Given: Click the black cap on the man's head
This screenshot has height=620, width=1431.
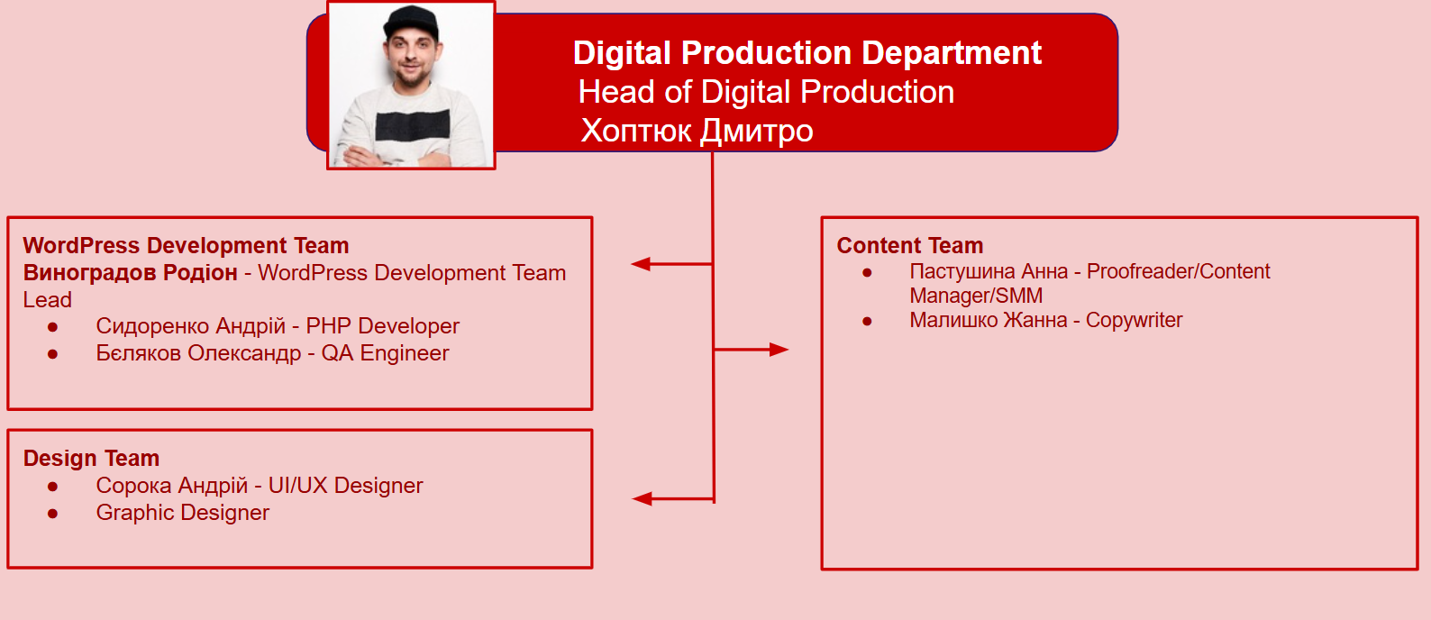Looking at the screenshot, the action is (x=412, y=23).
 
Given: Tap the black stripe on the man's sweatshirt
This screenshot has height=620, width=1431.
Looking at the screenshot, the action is (x=413, y=125).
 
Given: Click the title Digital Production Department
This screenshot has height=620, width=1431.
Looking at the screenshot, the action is (x=807, y=53).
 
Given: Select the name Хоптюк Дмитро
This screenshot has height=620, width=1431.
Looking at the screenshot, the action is (x=697, y=131).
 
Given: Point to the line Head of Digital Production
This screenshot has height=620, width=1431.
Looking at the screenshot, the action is (x=766, y=92).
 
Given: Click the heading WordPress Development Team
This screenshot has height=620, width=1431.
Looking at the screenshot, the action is (x=186, y=245).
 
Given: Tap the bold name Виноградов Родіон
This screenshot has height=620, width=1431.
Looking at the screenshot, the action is (x=131, y=273).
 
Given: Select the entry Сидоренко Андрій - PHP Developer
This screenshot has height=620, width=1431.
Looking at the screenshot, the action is (x=278, y=326).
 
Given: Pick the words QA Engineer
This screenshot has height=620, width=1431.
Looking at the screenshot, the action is (x=385, y=353).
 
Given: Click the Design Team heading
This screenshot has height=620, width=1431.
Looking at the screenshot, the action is (x=91, y=459).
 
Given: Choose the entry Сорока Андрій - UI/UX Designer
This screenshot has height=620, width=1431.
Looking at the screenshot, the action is (x=260, y=486).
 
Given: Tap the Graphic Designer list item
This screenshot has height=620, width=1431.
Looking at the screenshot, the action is (x=183, y=513).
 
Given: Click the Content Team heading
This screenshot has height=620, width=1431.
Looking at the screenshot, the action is (x=910, y=245).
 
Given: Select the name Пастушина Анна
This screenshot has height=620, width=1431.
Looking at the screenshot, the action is (x=989, y=271).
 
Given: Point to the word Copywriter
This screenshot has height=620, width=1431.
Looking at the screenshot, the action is (x=1134, y=320).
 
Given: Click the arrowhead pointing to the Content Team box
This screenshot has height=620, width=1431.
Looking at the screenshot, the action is (x=779, y=350).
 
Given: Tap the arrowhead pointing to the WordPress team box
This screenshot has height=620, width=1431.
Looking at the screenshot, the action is (x=641, y=264).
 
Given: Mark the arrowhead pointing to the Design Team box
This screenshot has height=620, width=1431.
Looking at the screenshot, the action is (x=642, y=498).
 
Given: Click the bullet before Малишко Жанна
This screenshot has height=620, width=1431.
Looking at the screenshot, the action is (x=867, y=321).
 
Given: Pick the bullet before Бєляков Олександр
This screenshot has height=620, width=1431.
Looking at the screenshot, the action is (x=53, y=353).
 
